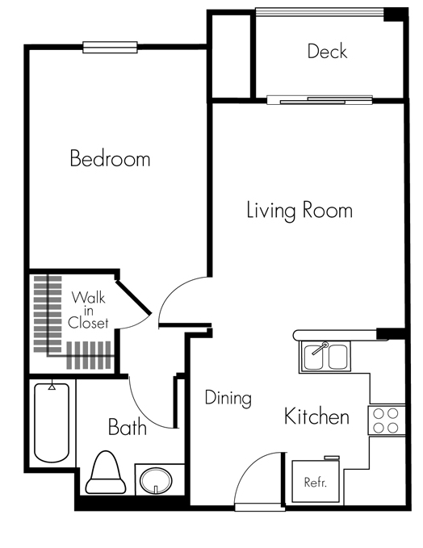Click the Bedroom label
pyautogui.click(x=110, y=158)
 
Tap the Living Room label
pyautogui.click(x=299, y=211)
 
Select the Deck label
pyautogui.click(x=327, y=52)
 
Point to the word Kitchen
pyautogui.click(x=316, y=416)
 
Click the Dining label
pyautogui.click(x=228, y=398)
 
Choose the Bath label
pyautogui.click(x=128, y=426)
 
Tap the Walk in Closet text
pyautogui.click(x=89, y=311)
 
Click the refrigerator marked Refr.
pyautogui.click(x=315, y=482)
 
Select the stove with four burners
pyautogui.click(x=387, y=419)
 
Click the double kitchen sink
pyautogui.click(x=324, y=356)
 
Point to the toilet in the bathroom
pyautogui.click(x=105, y=474)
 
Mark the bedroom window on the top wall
pyautogui.click(x=111, y=47)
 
